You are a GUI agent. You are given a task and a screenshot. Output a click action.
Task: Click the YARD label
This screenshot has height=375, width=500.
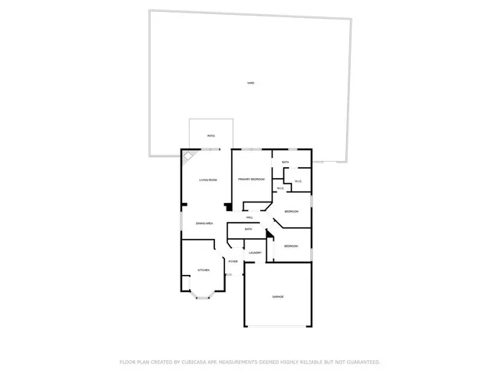click(x=250, y=83)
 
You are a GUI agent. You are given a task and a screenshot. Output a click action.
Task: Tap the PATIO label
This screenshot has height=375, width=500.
click(x=211, y=136)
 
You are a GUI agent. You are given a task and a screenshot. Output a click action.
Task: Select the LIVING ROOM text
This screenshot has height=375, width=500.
click(x=207, y=180)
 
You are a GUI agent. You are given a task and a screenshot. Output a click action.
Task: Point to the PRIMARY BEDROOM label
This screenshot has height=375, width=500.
click(x=252, y=180)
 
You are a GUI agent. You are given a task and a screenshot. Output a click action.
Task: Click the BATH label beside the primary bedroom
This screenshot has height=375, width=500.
click(x=286, y=162)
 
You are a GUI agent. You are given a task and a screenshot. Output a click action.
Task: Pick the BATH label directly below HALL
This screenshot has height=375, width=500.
click(x=248, y=229)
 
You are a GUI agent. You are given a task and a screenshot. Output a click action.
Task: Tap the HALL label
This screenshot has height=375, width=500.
click(x=249, y=217)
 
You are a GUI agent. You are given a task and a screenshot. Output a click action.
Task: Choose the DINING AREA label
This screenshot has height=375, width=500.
click(x=205, y=224)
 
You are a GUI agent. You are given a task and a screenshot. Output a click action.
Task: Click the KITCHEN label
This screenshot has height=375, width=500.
click(x=203, y=270)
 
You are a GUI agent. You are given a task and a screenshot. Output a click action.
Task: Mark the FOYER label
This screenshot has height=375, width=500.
click(x=233, y=261)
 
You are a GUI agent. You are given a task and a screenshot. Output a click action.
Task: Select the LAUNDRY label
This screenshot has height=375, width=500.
click(x=255, y=253)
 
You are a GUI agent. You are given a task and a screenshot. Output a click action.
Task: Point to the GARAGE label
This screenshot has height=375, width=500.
click(x=277, y=297)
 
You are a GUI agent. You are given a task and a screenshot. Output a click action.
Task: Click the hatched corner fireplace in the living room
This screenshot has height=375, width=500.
click(x=188, y=158)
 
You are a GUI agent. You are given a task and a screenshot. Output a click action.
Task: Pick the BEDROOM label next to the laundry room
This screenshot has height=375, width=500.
click(x=291, y=246)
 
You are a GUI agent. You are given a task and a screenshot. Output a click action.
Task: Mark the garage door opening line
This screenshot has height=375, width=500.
click(x=277, y=326)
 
